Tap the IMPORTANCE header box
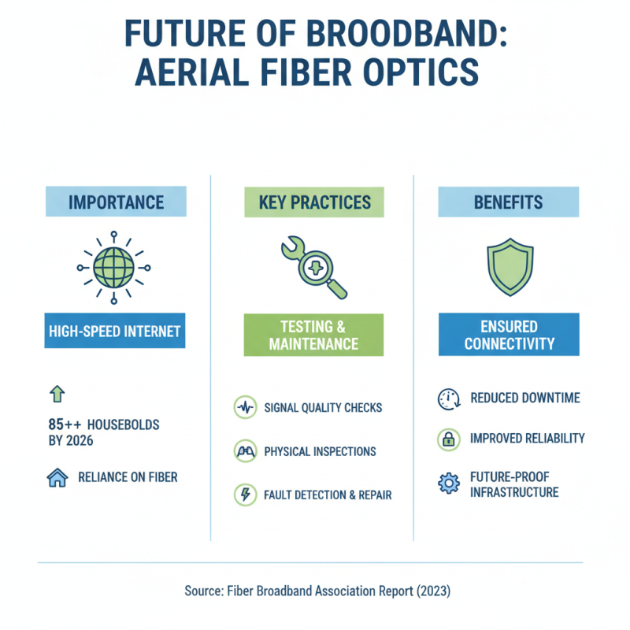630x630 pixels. (x=116, y=202)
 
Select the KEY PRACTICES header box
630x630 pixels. (x=314, y=202)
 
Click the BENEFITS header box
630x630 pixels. (x=508, y=202)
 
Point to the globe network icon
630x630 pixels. (x=115, y=269)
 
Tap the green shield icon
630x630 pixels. (x=508, y=266)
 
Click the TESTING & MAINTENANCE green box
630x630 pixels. (x=313, y=335)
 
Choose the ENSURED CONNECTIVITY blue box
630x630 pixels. (x=508, y=335)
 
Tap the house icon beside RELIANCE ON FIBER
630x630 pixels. (x=58, y=477)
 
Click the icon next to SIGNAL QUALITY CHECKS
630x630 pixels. (x=245, y=408)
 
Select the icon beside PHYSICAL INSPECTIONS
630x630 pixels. (x=245, y=451)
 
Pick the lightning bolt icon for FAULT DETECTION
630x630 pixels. (x=245, y=495)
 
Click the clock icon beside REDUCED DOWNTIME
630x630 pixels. (x=447, y=398)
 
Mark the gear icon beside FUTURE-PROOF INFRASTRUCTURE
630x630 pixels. (x=447, y=484)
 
